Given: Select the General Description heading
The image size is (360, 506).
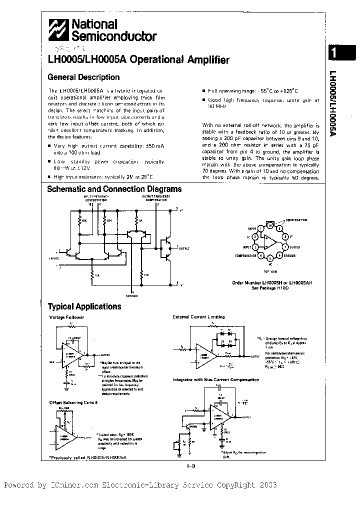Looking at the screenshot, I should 83,77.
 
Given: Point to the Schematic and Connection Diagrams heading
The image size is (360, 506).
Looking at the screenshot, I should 114,189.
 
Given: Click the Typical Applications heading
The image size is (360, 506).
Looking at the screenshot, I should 84,306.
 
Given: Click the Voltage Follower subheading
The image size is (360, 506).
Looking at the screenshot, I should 66,317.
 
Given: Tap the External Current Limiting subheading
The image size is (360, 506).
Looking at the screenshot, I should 198,317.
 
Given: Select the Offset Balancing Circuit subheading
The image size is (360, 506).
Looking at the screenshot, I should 73,402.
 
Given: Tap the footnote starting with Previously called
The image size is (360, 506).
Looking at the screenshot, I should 87,457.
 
